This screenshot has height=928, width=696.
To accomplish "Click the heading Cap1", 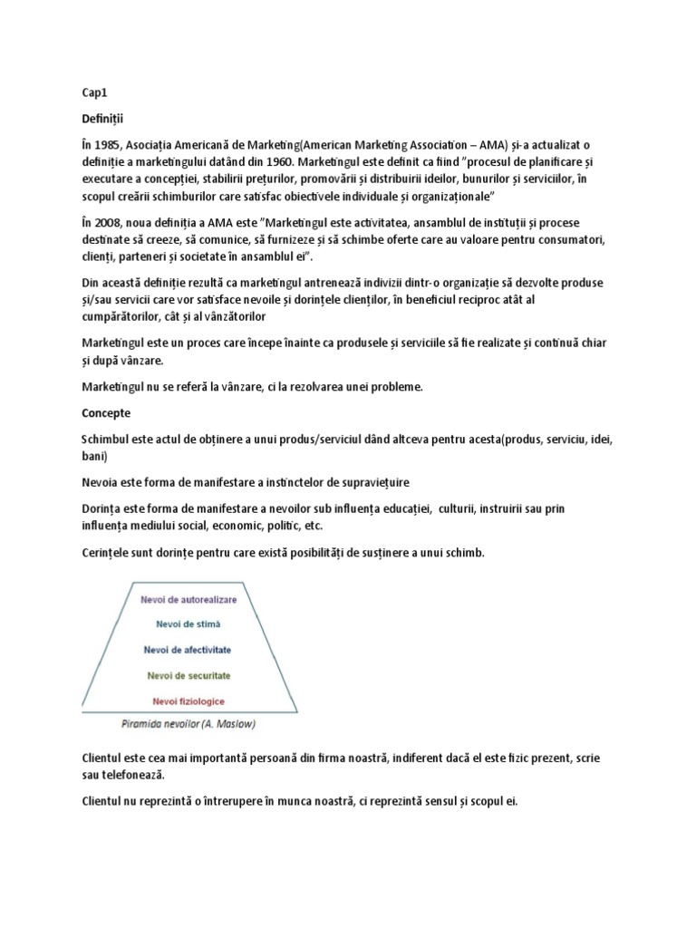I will [92, 92].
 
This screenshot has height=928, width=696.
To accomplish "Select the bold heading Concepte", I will [106, 413].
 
